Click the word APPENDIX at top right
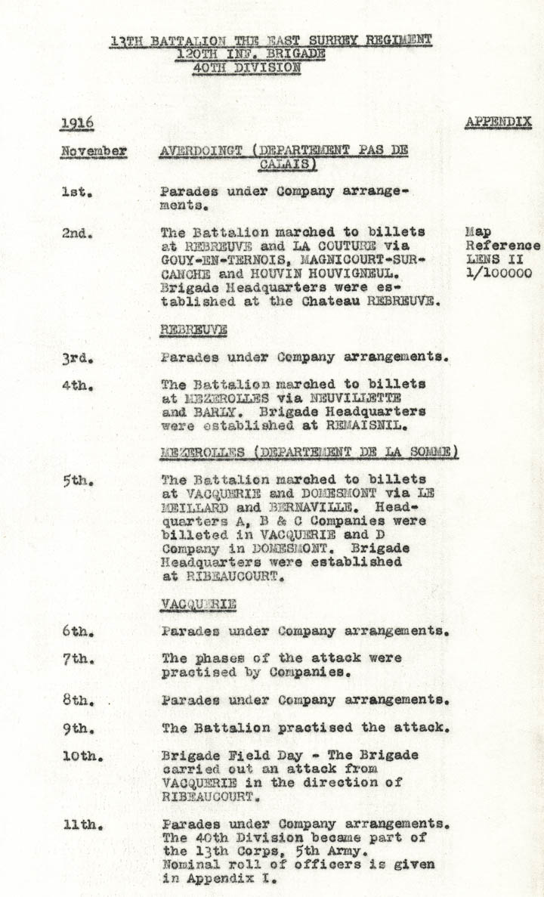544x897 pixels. (498, 122)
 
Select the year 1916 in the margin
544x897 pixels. (77, 123)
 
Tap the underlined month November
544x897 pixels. (94, 151)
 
